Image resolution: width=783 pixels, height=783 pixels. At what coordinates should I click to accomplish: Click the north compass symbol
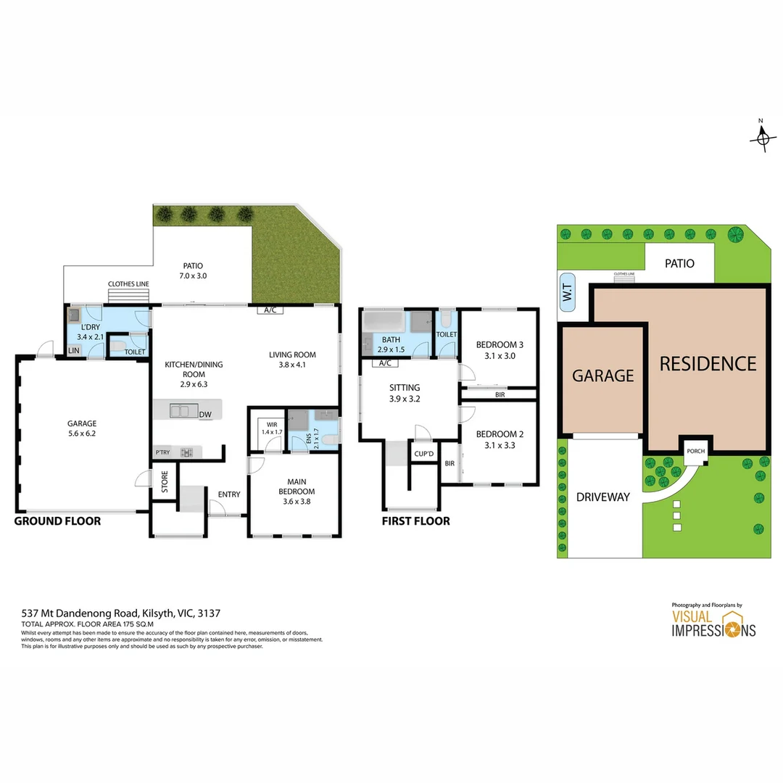tap(762, 137)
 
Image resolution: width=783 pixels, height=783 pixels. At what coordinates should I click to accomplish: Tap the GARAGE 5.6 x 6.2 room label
tap(82, 428)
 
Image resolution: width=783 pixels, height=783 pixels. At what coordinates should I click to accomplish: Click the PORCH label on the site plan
tap(695, 451)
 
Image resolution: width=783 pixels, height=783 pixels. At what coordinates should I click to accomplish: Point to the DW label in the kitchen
tap(205, 415)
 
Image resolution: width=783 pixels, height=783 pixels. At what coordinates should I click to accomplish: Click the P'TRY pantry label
tap(162, 452)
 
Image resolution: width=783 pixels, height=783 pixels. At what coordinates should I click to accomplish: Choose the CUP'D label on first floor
tap(423, 454)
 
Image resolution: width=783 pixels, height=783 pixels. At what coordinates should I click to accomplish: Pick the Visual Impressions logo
tap(713, 622)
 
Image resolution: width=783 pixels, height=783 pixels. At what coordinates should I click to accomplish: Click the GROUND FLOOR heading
tap(58, 521)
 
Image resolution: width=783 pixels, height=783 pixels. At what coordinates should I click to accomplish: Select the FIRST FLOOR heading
tap(415, 521)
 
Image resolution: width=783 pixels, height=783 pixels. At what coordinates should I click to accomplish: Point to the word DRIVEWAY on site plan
tap(602, 497)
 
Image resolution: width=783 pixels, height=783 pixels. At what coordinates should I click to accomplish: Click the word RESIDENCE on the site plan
tap(707, 363)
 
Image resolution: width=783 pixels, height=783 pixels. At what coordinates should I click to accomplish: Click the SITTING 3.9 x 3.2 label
tap(404, 393)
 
